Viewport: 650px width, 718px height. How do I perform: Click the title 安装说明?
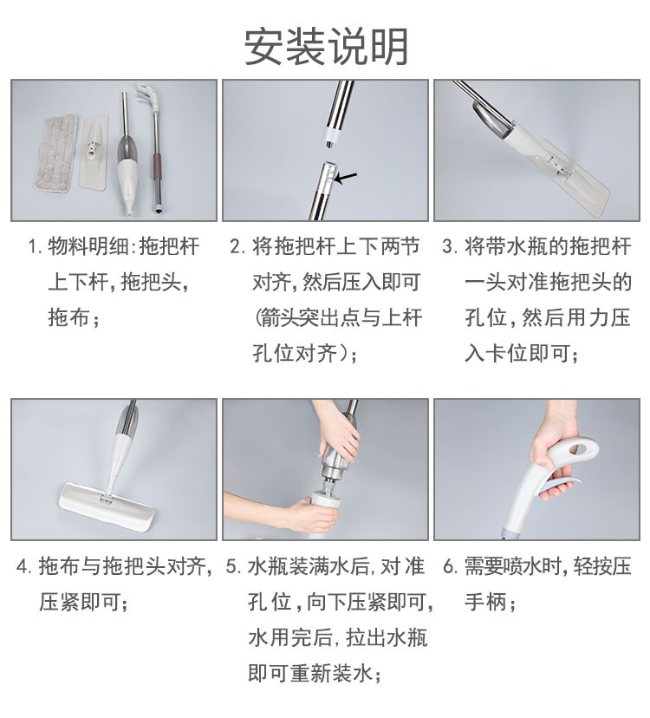tap(326, 47)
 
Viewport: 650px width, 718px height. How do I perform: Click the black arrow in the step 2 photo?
tap(345, 178)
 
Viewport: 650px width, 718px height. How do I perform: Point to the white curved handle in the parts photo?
tap(147, 95)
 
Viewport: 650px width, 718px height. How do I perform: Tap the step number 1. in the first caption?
tap(36, 246)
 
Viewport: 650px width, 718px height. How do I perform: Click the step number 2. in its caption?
tap(237, 246)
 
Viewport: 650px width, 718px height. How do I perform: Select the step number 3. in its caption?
tap(450, 246)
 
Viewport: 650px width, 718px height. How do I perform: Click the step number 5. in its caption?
tap(233, 567)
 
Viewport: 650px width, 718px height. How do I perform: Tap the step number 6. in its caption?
tap(450, 567)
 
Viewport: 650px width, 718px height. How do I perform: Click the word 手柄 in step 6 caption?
tap(486, 602)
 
